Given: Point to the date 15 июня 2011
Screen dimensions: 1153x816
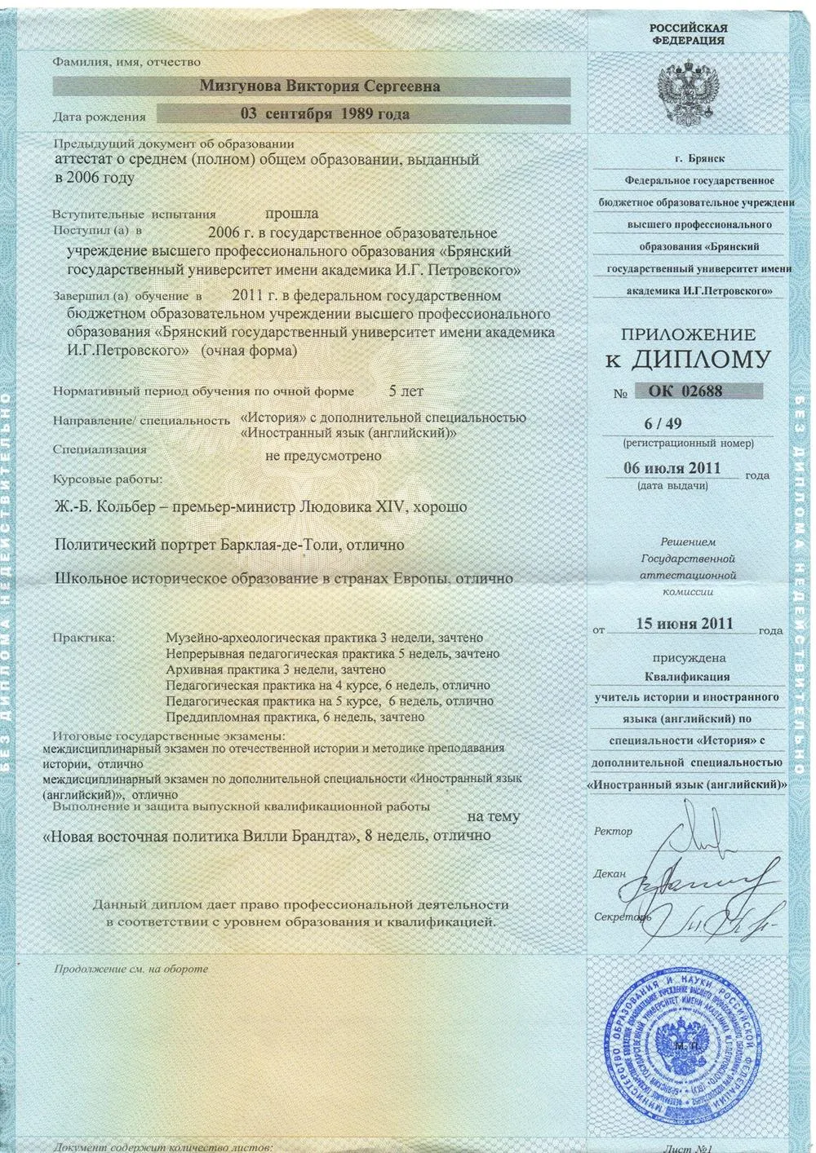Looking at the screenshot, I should (x=685, y=624).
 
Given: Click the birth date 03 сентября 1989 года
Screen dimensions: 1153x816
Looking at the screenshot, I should (x=325, y=114).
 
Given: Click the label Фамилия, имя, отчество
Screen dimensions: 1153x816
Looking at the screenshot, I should (x=126, y=62).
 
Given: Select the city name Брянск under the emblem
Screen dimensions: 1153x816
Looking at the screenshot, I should (x=707, y=159).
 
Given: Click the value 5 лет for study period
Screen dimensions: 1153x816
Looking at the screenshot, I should (x=406, y=391).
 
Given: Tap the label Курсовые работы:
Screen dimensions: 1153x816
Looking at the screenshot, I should (x=108, y=479).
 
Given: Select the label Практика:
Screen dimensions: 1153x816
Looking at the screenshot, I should (x=83, y=636).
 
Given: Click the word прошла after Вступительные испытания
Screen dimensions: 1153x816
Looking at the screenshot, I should (x=291, y=214).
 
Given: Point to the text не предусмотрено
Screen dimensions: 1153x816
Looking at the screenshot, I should (x=323, y=456).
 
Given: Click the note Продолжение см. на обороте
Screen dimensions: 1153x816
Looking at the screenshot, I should (x=131, y=970).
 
